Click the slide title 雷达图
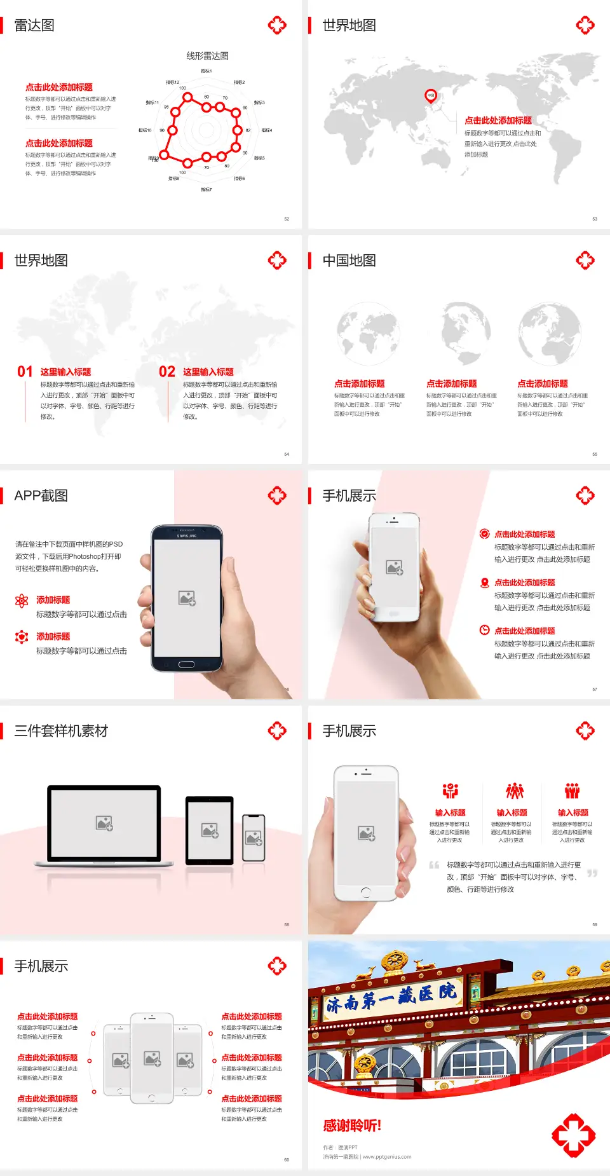point(34,25)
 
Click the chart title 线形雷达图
point(207,56)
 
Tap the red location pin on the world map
point(431,96)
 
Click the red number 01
point(25,372)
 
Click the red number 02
point(167,372)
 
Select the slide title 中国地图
point(349,261)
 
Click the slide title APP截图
point(41,496)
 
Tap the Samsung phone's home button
point(186,664)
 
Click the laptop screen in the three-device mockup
point(104,823)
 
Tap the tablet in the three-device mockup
point(210,830)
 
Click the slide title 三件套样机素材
point(61,731)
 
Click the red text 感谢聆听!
point(352,1126)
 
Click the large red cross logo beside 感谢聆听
point(574,1135)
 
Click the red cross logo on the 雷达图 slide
point(277,25)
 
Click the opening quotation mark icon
point(434,865)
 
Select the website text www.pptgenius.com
point(387,1157)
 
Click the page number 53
point(595,219)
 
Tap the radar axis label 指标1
point(207,71)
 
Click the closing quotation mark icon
point(592,873)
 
